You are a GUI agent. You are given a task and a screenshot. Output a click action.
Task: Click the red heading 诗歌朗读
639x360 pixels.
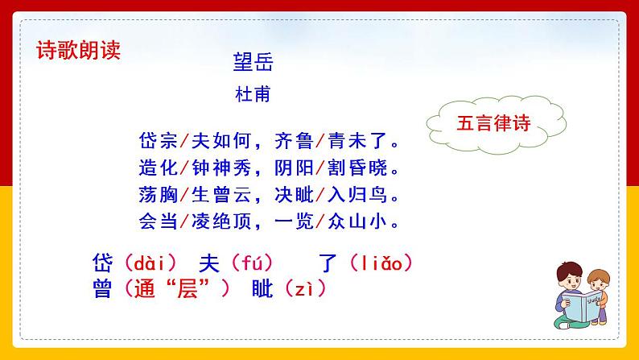click(78, 51)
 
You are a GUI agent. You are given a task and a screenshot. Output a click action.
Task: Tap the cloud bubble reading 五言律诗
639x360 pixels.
click(490, 123)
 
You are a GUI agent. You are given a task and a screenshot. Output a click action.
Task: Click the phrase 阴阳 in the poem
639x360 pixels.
click(295, 169)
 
